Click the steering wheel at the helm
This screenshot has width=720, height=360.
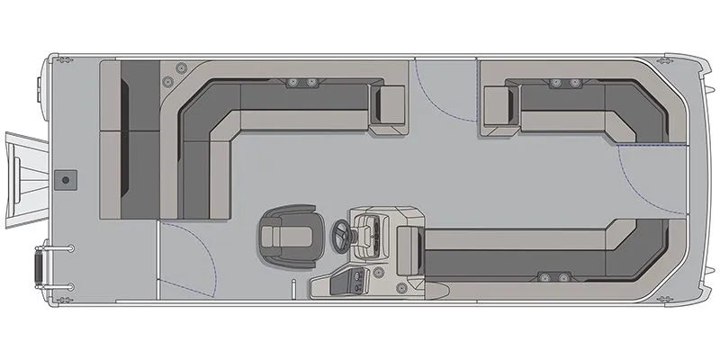coord(342,236)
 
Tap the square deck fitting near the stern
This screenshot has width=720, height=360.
coord(65,181)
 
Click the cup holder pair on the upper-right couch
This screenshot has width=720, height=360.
coord(566,83)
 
